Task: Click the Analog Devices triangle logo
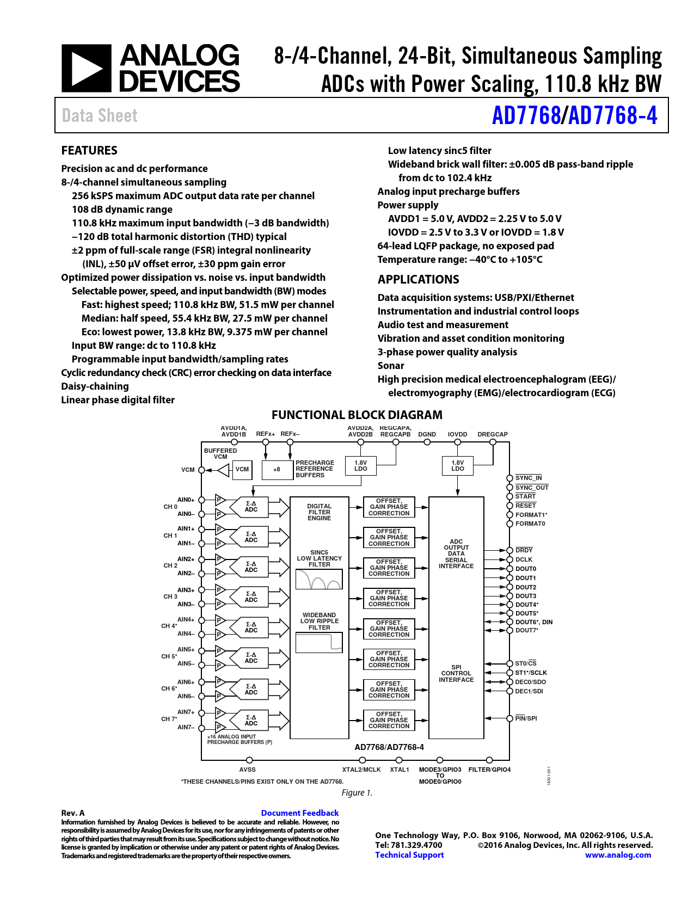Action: pos(86,68)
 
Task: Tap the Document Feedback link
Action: pos(299,813)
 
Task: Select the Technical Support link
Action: pos(409,855)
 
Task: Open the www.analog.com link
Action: pos(618,855)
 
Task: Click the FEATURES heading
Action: pos(89,151)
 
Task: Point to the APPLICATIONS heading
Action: pos(418,280)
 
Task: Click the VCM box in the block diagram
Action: pos(242,469)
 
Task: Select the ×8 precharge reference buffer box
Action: pos(277,469)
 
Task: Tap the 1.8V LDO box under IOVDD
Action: pos(457,466)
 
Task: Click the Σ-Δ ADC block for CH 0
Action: pos(251,507)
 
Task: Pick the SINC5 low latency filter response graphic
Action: pos(319,580)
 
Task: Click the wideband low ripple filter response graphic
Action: pos(319,642)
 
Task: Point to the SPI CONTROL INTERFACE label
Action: pos(456,673)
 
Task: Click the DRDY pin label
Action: pos(524,550)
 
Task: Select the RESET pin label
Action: pos(525,506)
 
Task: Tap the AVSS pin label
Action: pos(247,770)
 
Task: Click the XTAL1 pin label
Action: pos(399,770)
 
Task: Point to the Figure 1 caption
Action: pos(357,793)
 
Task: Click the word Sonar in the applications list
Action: pos(391,366)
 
